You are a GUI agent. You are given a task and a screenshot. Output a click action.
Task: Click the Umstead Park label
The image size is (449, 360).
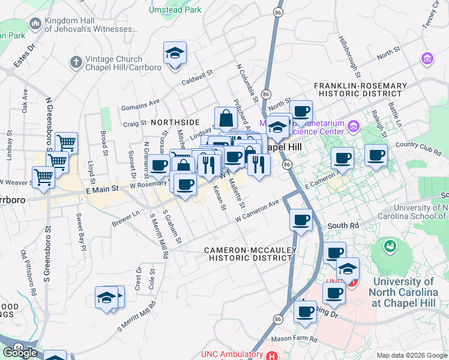175,10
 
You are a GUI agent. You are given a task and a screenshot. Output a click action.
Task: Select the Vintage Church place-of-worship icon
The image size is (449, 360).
76,62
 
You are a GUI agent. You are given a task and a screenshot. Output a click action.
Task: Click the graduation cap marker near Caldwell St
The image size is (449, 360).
175,53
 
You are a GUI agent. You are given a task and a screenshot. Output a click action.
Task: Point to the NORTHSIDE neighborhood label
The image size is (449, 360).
175,122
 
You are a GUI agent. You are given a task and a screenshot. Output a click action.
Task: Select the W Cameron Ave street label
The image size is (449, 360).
258,212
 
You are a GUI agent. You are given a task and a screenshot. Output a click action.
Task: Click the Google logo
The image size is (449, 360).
20,352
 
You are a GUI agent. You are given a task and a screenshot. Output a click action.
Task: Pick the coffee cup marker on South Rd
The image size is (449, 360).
301,220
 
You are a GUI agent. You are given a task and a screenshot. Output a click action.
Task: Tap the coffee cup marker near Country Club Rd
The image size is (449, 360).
376,155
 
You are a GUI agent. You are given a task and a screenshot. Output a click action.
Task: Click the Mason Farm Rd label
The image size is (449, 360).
293,339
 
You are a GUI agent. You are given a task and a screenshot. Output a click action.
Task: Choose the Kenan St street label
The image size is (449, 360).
218,198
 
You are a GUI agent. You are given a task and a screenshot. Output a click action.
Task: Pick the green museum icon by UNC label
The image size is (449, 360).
390,246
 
